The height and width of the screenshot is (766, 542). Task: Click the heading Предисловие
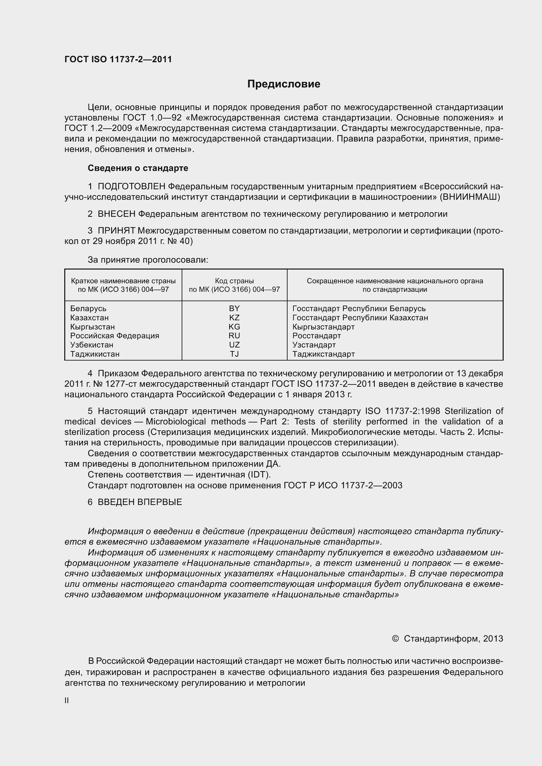pos(284,84)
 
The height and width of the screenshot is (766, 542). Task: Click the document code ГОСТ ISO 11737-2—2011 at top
pos(118,59)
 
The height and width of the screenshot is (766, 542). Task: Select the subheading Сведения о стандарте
pos(138,168)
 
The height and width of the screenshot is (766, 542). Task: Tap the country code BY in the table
pos(234,308)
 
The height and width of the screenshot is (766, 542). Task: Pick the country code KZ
pos(234,318)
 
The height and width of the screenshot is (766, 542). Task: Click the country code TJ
pos(234,354)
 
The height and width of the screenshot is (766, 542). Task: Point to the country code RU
pos(234,336)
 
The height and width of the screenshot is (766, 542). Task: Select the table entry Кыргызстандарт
pos(323,327)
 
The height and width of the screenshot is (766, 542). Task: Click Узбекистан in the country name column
pos(92,345)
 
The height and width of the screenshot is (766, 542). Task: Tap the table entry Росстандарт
pos(317,336)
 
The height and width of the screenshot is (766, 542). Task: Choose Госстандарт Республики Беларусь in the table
pos(359,308)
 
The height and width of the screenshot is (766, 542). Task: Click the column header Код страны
pos(234,281)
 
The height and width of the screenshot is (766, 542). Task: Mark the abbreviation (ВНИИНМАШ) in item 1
pos(470,197)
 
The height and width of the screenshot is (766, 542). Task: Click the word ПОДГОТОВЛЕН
pos(131,186)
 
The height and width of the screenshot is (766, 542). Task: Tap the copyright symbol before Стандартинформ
pos(395,639)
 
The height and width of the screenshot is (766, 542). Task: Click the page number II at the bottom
pos(67,701)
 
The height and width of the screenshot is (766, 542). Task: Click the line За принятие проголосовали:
pos(148,260)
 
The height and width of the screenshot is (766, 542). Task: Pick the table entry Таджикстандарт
pos(323,354)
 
